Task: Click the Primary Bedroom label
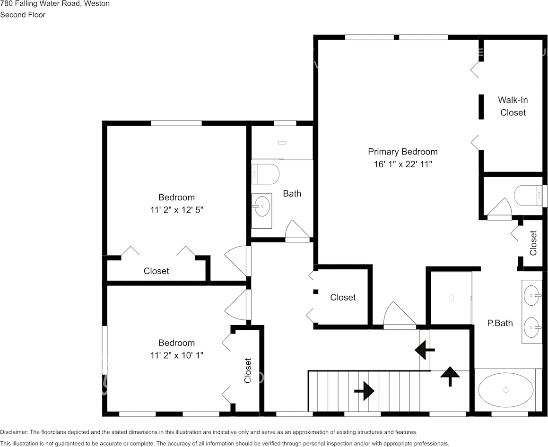click(403, 152)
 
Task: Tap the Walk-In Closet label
click(513, 106)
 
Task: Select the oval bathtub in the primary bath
click(506, 390)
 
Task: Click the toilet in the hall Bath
click(265, 173)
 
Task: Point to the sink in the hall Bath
click(262, 206)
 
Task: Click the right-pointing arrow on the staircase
click(364, 391)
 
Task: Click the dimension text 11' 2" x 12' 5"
click(176, 210)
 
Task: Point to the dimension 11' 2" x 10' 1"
click(176, 355)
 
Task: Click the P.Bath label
click(500, 323)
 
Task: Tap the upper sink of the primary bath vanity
click(532, 295)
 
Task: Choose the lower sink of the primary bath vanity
click(532, 327)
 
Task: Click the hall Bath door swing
click(297, 231)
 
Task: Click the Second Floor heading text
click(23, 15)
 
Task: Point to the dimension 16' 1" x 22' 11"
click(403, 164)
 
